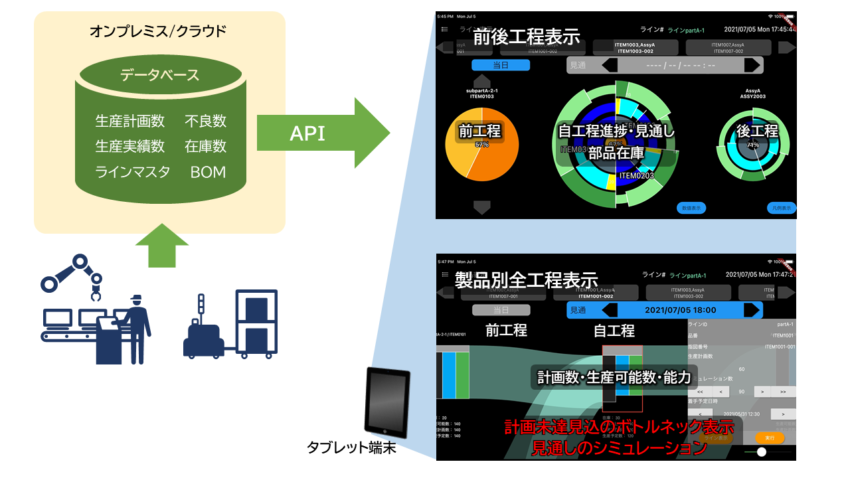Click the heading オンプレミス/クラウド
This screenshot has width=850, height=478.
coord(159,31)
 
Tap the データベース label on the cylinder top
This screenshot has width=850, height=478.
coord(159,75)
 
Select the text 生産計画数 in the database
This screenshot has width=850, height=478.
coord(130,121)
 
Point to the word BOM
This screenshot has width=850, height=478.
coord(208,172)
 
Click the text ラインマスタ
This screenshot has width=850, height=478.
coord(133,172)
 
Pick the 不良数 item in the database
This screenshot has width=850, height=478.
coord(205,121)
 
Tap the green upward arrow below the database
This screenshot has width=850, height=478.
coord(161,246)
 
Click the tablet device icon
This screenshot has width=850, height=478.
coord(388,402)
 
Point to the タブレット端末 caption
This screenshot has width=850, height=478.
coord(351,448)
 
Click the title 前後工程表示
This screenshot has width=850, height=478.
coord(526,37)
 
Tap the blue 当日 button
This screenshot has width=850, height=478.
coord(501,65)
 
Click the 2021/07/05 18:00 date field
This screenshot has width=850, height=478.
coord(681,310)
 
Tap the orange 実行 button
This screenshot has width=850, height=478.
coord(770,439)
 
